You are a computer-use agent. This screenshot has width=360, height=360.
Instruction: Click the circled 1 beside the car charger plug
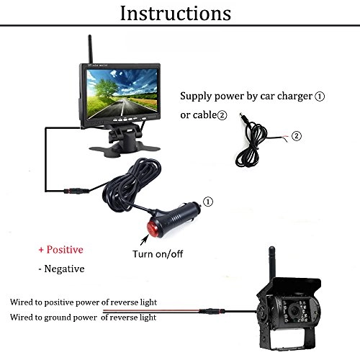point(210,202)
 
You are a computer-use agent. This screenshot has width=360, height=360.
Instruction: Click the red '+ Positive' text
point(60,249)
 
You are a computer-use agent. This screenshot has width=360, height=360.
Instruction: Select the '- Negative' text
point(61,269)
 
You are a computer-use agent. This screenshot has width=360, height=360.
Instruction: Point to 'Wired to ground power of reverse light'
point(83,317)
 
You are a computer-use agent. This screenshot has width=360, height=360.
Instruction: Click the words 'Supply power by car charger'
point(242,95)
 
